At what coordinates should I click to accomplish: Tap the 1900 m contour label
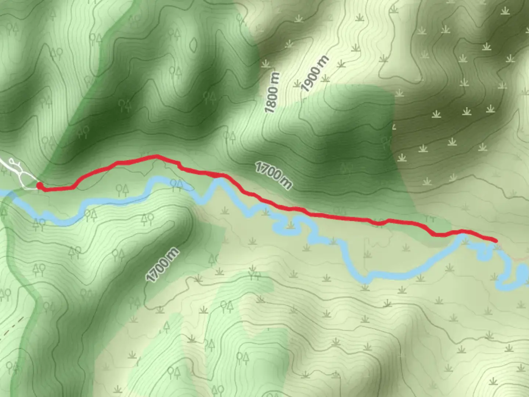point(315,74)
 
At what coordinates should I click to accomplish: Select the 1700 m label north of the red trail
point(274,176)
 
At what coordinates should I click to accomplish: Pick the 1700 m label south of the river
point(162,265)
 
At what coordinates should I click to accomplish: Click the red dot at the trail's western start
point(39,186)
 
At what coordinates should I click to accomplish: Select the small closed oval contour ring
point(193,44)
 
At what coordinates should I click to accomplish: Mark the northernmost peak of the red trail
point(157,157)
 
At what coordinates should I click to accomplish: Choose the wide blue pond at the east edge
point(522,274)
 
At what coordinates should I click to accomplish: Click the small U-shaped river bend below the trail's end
point(485,254)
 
